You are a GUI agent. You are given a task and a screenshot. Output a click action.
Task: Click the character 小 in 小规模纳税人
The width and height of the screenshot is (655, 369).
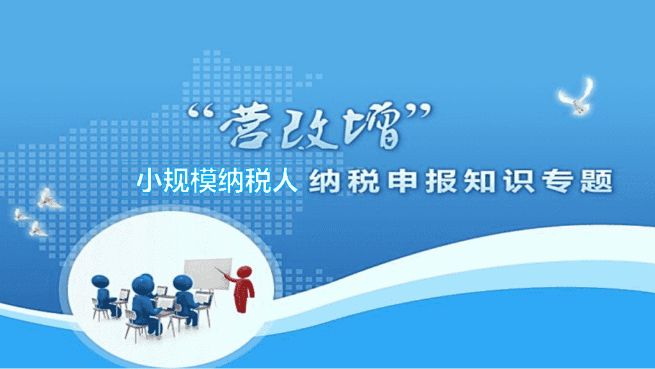149,181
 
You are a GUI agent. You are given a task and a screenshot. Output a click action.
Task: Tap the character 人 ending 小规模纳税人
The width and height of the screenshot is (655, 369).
285,181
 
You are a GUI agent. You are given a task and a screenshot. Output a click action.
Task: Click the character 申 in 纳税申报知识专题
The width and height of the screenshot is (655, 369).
403,181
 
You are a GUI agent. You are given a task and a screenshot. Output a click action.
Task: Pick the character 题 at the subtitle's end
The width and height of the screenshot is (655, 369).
597,181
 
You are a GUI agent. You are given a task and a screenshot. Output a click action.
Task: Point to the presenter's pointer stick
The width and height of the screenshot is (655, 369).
221,272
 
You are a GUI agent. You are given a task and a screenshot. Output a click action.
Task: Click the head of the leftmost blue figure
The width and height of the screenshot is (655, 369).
100,281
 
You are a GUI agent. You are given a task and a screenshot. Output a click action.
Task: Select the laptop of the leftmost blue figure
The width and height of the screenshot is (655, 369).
123,295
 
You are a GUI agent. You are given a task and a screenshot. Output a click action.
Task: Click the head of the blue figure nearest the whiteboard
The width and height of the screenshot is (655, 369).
182,283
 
